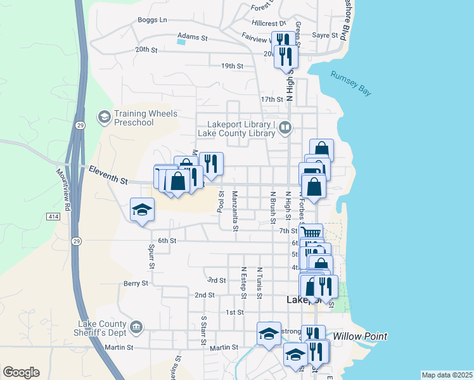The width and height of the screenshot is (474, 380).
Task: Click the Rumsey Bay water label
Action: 350,83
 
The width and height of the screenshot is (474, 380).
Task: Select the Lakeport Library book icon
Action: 285,129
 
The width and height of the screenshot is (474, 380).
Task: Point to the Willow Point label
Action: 360,336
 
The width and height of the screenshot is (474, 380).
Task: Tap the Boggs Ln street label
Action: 152,20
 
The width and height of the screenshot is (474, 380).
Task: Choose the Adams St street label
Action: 193,37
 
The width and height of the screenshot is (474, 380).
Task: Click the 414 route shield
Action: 53,217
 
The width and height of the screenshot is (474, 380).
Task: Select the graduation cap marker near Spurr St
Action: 142,210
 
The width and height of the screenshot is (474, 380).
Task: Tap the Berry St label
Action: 136,283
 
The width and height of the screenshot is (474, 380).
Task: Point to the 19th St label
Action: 232,66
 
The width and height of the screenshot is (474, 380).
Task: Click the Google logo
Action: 21,372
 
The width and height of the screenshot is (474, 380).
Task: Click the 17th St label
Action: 271,99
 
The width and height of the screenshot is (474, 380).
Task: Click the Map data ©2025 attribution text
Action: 447,375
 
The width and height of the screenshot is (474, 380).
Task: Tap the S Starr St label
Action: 203,331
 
